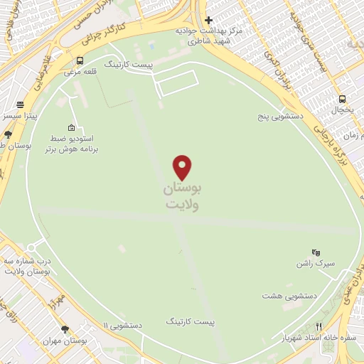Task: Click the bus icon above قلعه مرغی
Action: coord(80,60)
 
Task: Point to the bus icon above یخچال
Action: coord(343,100)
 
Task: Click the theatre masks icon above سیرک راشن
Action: coord(316,252)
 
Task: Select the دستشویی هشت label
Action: coord(289,295)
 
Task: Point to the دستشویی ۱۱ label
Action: coord(122,325)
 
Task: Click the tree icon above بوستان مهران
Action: coord(65,329)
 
